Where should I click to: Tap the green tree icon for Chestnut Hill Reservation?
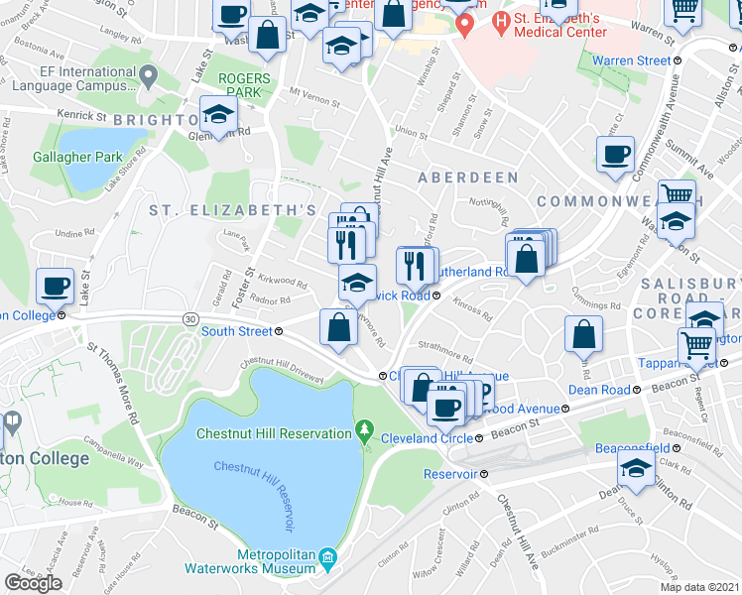[365, 432]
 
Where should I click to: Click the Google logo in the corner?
[33, 583]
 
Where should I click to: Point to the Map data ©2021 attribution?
[698, 587]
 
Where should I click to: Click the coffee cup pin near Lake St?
[56, 287]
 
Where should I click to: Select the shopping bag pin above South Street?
[338, 326]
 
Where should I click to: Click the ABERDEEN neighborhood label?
[467, 177]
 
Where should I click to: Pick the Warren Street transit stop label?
[631, 60]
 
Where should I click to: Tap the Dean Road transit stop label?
[600, 390]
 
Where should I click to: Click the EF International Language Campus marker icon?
[149, 75]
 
